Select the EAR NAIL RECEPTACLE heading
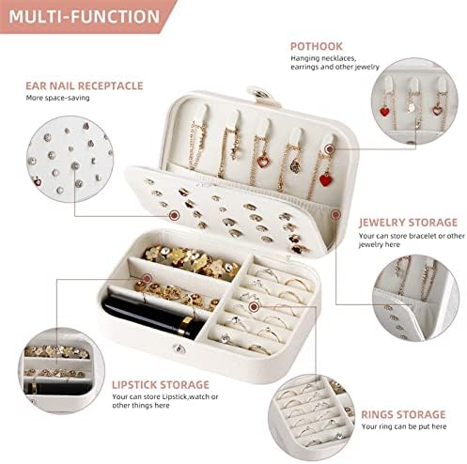(x=85, y=85)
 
